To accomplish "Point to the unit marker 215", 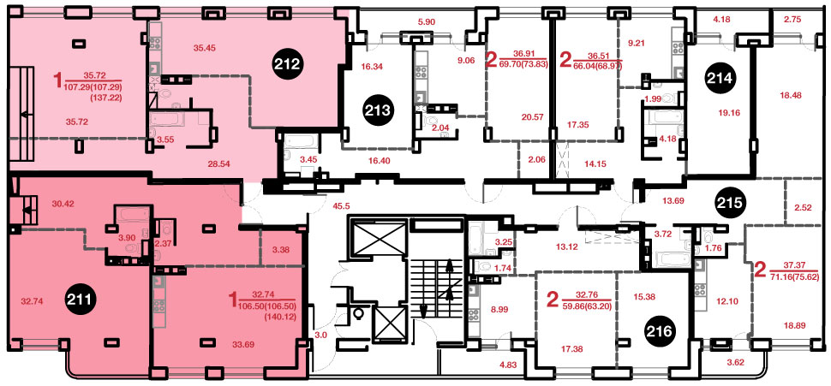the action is point(731,202).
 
